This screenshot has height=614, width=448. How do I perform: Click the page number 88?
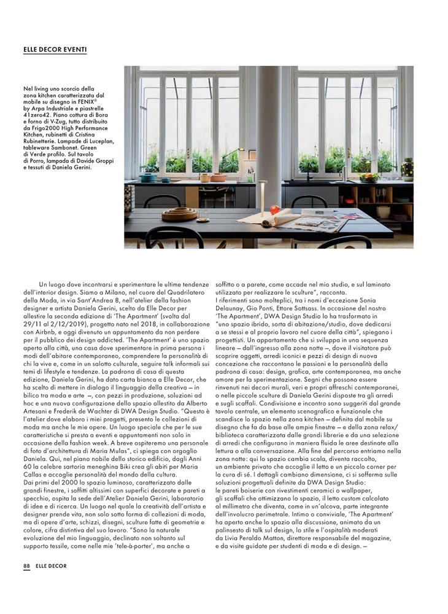pyautogui.click(x=26, y=565)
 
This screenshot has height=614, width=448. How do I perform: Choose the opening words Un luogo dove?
pyautogui.click(x=59, y=284)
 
